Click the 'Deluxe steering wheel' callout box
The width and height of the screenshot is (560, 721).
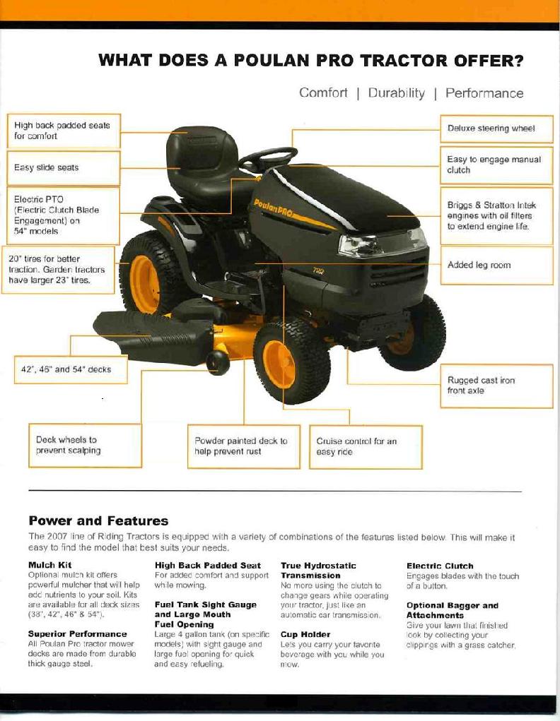(496, 129)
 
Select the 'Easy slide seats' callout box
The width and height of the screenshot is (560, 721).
(64, 168)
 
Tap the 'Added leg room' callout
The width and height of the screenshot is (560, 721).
(496, 266)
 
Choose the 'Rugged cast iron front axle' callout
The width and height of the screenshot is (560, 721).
(496, 386)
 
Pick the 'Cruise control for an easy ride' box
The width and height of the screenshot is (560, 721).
(366, 446)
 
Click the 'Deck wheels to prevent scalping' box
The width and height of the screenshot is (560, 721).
(85, 445)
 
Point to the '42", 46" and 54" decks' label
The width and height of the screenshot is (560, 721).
(71, 369)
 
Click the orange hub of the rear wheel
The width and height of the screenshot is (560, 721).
(145, 284)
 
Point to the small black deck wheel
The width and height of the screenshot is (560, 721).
(218, 363)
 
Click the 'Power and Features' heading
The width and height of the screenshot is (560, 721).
(98, 521)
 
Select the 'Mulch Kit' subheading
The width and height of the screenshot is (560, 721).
(50, 565)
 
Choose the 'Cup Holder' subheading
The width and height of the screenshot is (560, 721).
(305, 635)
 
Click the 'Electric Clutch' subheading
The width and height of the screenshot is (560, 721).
(440, 566)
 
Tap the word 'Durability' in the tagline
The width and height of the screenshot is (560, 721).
(396, 93)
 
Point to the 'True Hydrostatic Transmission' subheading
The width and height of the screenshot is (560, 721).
(318, 571)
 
